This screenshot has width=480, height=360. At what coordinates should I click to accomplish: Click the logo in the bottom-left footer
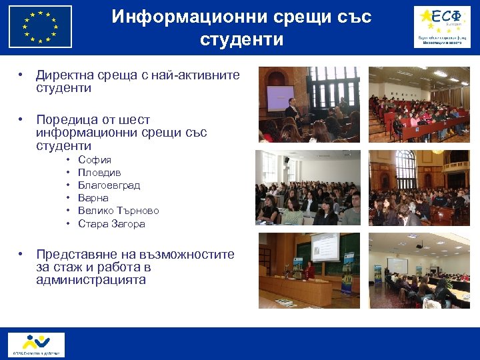tap(36, 344)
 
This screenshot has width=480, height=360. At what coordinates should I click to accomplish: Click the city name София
tap(95, 160)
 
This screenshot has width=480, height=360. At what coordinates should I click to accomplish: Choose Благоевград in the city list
tap(109, 185)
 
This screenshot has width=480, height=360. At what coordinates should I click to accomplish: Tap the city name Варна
tap(93, 198)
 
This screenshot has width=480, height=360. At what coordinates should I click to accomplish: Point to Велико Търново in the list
tap(118, 211)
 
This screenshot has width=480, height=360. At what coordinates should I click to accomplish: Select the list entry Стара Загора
tap(111, 224)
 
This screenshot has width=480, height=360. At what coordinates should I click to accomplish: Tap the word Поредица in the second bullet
tap(67, 120)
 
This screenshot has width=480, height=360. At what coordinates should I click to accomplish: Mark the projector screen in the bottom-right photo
tap(398, 265)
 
